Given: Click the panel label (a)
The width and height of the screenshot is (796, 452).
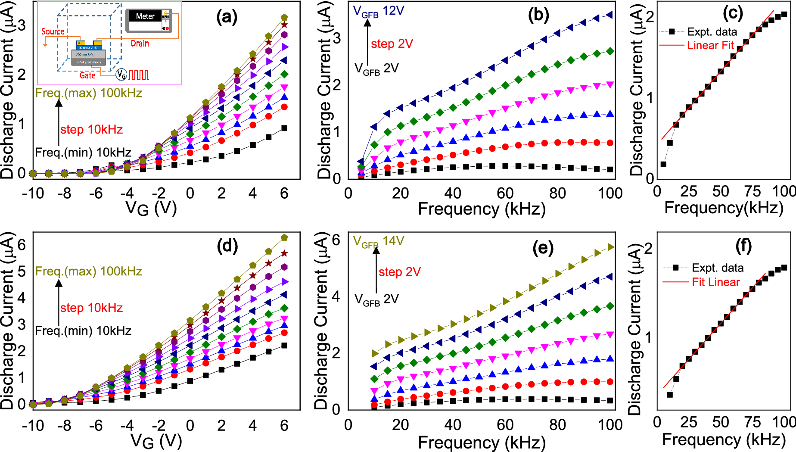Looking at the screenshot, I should click(x=227, y=17).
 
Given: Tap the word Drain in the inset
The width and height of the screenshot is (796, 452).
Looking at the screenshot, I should click(x=140, y=44).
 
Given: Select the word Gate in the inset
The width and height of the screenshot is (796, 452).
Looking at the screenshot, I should click(x=87, y=75).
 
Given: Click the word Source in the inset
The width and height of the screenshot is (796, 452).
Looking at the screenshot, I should click(x=53, y=31).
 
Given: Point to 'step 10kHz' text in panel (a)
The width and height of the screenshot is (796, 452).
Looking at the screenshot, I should click(x=91, y=129).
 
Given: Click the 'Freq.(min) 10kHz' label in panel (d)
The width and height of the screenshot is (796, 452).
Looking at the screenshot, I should click(x=83, y=330).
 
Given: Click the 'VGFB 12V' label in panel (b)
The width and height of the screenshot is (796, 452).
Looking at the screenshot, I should click(x=378, y=11).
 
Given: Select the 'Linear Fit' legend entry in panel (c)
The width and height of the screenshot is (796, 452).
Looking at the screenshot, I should click(x=710, y=45).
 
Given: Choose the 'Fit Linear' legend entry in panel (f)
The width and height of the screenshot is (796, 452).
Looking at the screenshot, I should click(x=715, y=282).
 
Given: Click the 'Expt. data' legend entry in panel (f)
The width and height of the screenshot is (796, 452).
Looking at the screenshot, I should click(x=717, y=268).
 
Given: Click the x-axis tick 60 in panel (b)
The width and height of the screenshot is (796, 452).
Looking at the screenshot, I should click(x=505, y=193).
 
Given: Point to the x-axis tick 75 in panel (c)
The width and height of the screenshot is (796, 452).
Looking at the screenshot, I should click(x=752, y=191).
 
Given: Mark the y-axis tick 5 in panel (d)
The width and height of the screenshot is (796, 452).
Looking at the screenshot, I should click(x=22, y=271).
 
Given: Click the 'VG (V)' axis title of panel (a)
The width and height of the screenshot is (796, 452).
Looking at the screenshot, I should click(x=151, y=208).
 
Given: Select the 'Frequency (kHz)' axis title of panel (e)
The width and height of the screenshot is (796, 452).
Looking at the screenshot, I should click(x=482, y=443).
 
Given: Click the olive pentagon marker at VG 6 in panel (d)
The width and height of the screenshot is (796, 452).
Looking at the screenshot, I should click(x=284, y=237).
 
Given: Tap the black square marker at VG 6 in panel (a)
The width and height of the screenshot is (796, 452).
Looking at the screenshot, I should click(x=284, y=128).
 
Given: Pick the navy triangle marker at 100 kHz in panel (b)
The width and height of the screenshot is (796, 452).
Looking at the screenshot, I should click(x=609, y=15).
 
